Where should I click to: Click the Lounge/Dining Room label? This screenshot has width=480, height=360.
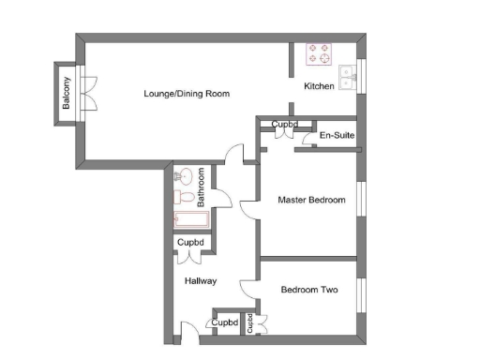coord(187,94)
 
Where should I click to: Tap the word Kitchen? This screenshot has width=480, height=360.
coord(320,86)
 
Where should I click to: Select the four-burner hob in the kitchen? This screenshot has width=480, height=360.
coord(319,53)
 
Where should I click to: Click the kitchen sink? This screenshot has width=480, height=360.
coord(348,77)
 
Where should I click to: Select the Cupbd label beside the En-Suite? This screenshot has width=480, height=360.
coord(285,124)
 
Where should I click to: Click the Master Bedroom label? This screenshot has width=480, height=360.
coord(312,200)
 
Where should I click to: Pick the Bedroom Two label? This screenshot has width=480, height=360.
coord(309,290)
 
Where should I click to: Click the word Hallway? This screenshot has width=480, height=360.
coord(201,280)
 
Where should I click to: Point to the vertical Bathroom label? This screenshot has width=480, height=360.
coord(202,187)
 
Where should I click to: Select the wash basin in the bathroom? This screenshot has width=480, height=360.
coord(184,175)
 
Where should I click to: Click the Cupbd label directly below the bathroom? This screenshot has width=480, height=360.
coord(191,243)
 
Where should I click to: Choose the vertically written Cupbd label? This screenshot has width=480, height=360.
coord(250,322)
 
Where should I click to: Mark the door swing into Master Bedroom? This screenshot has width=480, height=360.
coord(248,207)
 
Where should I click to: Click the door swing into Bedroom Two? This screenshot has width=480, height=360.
coord(248,285)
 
